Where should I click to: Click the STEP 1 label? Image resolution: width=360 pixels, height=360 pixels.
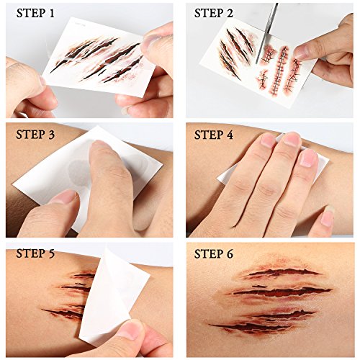tap(35, 13)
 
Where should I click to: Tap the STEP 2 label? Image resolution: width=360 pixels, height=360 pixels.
tap(214, 13)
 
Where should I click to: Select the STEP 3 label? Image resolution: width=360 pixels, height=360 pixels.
tap(35, 135)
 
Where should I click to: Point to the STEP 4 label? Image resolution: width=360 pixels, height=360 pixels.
tap(214, 135)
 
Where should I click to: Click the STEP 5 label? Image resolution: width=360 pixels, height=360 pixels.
tap(35, 253)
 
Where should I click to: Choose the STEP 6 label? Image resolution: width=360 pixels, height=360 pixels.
tap(214, 253)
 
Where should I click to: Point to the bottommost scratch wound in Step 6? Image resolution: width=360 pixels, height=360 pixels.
tap(250, 327)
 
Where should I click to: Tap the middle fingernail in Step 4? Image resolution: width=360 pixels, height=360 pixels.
tap(292, 140)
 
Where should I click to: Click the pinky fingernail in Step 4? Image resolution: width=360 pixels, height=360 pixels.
tap(328, 218)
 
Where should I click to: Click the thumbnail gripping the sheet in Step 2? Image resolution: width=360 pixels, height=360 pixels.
tap(302, 52)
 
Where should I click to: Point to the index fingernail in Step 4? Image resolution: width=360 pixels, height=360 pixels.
tap(268, 140)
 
